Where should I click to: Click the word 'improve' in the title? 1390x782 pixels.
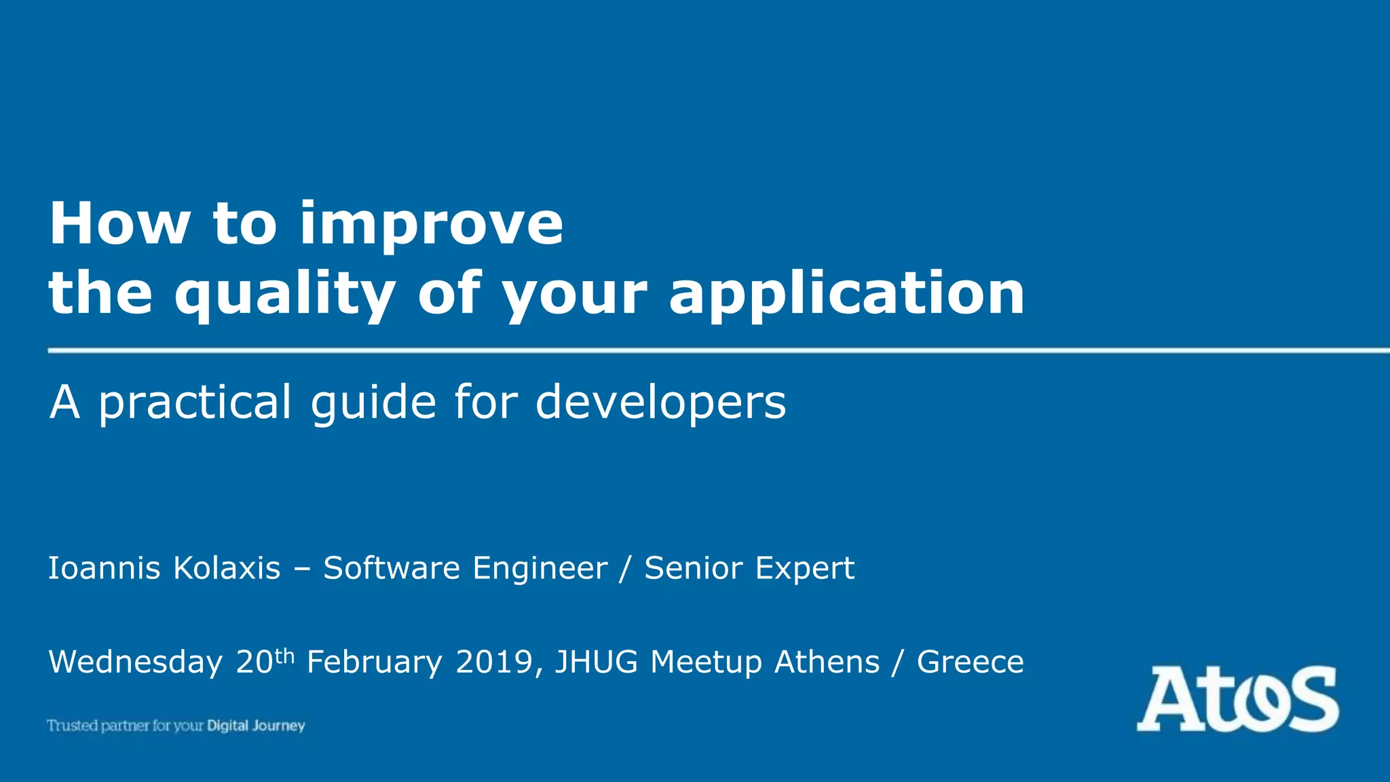[x=432, y=225]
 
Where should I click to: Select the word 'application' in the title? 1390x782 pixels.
[x=846, y=295]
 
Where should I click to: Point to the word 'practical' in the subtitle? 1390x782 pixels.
[x=195, y=403]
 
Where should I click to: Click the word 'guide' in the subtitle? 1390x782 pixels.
[x=373, y=403]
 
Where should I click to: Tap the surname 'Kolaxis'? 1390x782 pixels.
[x=227, y=568]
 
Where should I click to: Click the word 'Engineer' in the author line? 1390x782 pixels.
[x=540, y=569]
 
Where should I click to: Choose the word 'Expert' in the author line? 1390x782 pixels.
[x=804, y=569]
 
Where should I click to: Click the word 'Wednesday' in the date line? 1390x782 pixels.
[x=136, y=663]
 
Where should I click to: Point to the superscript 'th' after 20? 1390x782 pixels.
[x=285, y=656]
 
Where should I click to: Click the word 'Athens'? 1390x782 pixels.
[x=827, y=663]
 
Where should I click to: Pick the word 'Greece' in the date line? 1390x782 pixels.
[x=970, y=663]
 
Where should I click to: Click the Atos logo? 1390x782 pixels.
[x=1237, y=699]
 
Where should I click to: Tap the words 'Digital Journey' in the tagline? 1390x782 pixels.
[x=256, y=726]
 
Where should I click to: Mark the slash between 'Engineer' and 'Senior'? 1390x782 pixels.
[x=624, y=569]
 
